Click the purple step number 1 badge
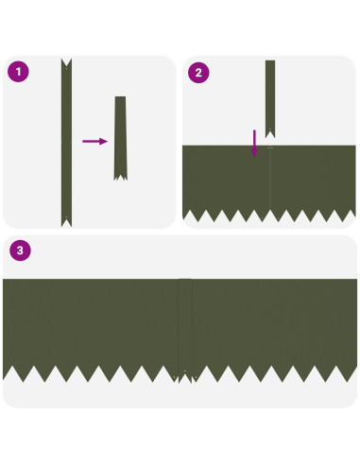[18, 72]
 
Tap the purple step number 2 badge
[198, 73]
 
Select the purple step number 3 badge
[20, 250]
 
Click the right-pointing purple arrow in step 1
[94, 141]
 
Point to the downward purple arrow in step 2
[254, 144]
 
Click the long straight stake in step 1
[66, 143]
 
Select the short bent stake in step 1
[120, 138]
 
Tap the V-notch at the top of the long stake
[66, 65]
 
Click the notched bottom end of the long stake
[66, 222]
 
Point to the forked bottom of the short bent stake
[120, 178]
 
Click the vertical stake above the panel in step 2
[270, 99]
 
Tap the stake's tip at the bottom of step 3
[185, 378]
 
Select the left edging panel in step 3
[91, 328]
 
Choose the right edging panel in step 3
[275, 328]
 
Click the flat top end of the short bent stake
[120, 97]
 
